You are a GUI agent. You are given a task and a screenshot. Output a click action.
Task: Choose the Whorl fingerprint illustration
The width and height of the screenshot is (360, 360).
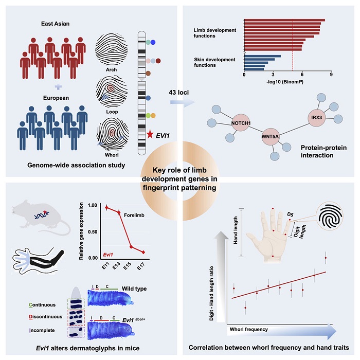coord(110,132)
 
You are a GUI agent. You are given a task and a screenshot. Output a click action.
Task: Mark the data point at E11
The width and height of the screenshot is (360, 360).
coord(106,207)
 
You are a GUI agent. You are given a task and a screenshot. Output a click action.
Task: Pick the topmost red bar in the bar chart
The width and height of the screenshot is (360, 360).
coord(284,21)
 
